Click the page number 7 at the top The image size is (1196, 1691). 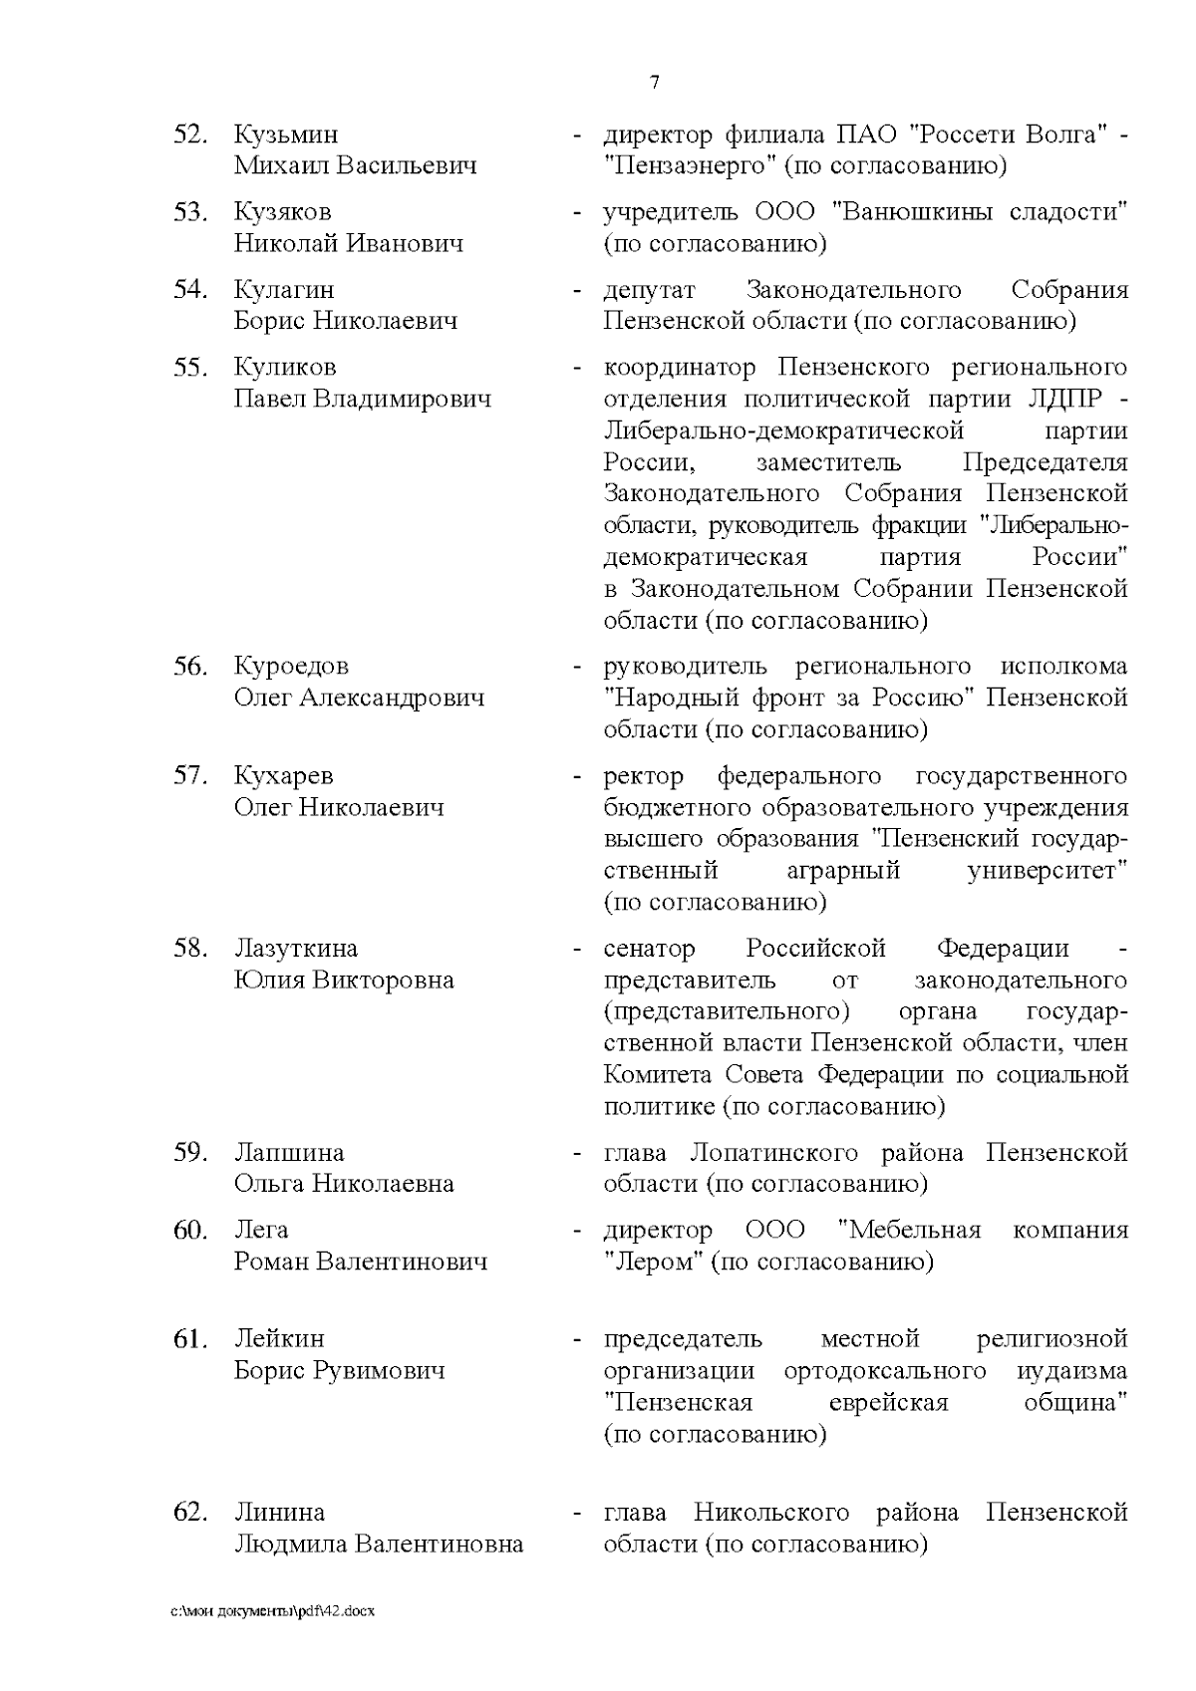coord(655,83)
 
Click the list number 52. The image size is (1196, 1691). coord(189,135)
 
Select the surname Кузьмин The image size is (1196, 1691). coord(286,135)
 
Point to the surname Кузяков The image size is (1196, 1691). coord(283,212)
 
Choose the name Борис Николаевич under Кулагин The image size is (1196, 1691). coord(346,321)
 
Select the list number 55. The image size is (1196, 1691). coord(189,368)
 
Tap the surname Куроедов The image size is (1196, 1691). coord(291,667)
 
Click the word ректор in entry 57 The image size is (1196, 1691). coord(644,776)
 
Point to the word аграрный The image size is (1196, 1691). coord(843,871)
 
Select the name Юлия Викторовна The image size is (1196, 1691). coord(344,980)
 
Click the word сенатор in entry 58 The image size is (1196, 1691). coord(649,949)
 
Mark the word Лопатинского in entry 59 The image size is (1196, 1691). coord(773,1153)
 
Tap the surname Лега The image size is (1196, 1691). coord(261,1231)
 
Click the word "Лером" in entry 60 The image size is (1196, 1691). coord(655,1262)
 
